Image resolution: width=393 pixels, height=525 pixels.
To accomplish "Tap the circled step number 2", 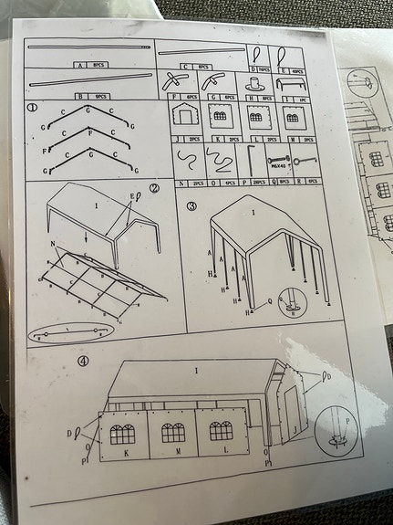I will coord(154,190).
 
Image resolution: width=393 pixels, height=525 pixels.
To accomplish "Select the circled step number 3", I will coord(191,206).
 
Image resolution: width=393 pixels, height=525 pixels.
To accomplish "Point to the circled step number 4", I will coord(84,361).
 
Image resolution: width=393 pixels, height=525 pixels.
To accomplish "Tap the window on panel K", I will coord(122,433).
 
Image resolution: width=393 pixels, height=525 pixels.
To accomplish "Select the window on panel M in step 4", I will coord(173,432).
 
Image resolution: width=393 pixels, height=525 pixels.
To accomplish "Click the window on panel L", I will coord(221,430).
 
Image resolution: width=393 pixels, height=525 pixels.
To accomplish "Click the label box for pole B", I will coord(89,95).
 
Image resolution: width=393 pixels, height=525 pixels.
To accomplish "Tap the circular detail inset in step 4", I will coord(342,426).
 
